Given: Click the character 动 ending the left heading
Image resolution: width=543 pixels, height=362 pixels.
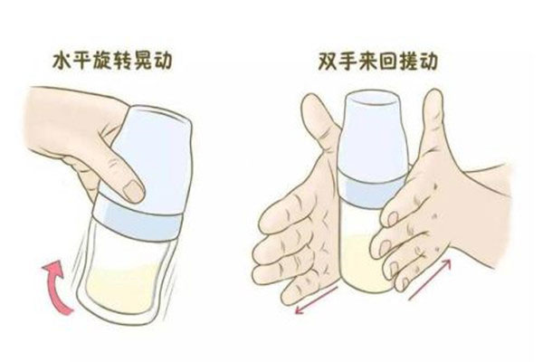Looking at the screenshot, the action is tap(162, 62).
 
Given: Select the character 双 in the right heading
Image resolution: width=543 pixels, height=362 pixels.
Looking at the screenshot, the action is tap(328, 62).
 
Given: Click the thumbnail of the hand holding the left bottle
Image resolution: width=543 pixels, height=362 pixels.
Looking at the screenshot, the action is tap(133, 191).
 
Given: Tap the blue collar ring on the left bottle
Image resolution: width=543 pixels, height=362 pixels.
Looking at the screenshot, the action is tap(138, 217).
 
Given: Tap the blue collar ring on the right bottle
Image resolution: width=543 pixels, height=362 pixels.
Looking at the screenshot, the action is tap(371, 192).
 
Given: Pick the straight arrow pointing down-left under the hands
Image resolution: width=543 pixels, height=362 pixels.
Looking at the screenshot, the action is tap(316, 300).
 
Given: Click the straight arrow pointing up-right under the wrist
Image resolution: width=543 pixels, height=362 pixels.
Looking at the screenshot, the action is tap(430, 280).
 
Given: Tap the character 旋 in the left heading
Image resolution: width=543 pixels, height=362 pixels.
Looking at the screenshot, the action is tap(102, 62).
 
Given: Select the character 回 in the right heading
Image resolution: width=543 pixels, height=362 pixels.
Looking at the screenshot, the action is tap(388, 62).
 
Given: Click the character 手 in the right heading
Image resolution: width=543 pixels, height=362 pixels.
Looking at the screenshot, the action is tap(348, 62).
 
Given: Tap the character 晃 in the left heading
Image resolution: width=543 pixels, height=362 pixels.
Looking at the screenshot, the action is tap(142, 62).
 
